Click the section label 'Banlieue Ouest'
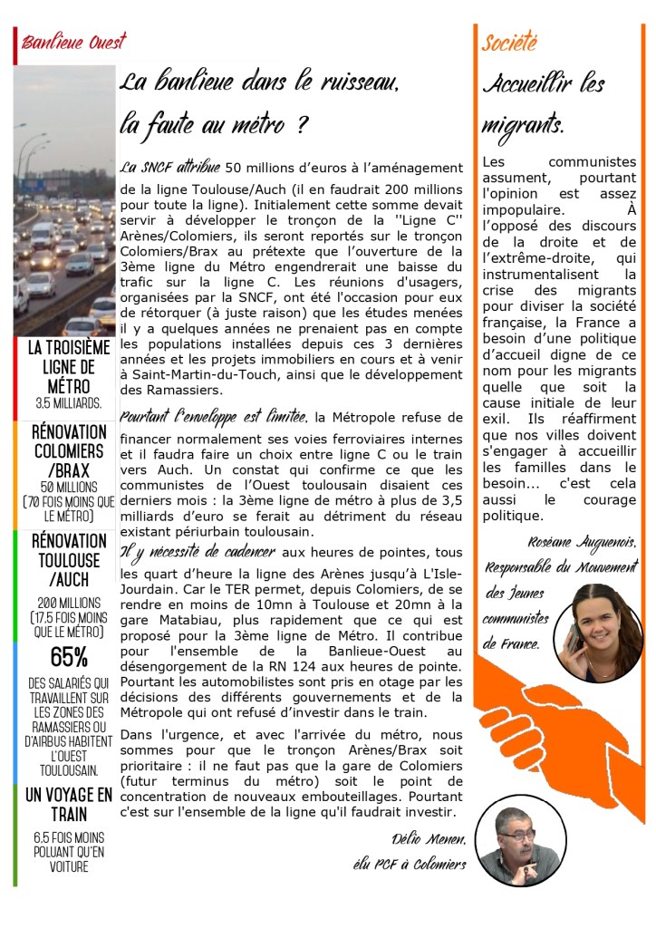click(x=73, y=43)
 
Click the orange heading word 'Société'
click(x=509, y=42)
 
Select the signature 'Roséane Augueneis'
click(x=590, y=542)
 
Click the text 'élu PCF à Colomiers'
click(x=410, y=865)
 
